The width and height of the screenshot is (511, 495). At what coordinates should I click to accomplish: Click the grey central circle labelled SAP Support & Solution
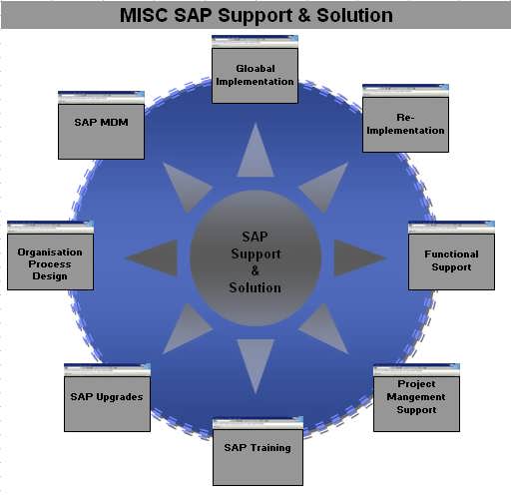[x=255, y=257]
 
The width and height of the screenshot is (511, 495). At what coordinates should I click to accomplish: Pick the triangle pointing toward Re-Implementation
[x=327, y=186]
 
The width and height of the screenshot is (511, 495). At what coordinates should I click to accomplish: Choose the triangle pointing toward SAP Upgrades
[x=183, y=330]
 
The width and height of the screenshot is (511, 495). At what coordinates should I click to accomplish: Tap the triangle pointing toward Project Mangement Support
[x=327, y=330]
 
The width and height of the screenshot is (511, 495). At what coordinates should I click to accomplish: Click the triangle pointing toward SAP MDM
[x=183, y=186]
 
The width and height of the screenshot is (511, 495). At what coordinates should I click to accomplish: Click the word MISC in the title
[x=144, y=15]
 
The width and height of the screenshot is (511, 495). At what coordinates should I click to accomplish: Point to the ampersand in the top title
[x=303, y=16]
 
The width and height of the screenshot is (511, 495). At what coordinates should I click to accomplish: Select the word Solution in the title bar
[x=354, y=15]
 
